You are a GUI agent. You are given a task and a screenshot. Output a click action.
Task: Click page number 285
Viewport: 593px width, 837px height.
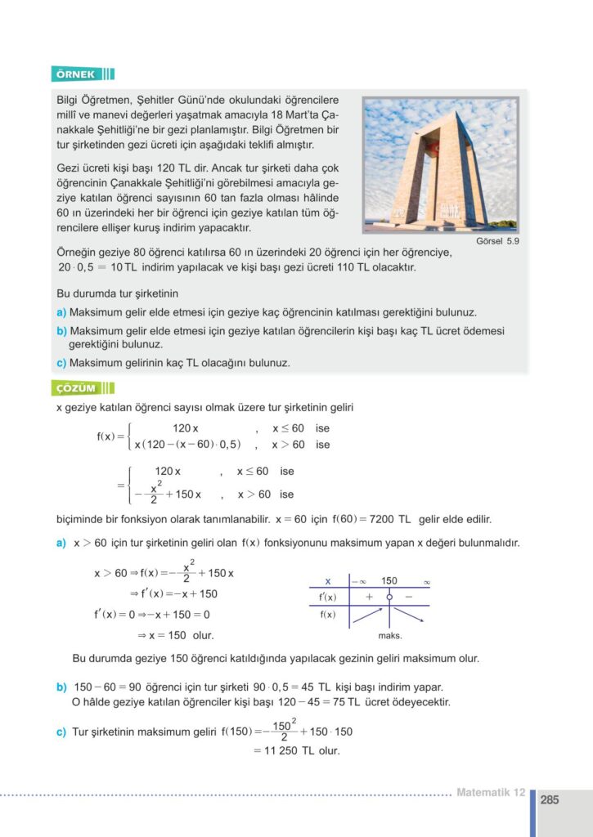click(x=550, y=800)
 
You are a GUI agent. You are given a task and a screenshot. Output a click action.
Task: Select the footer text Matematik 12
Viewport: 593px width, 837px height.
click(x=490, y=792)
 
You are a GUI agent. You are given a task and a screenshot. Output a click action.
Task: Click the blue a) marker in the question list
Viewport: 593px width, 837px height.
click(x=61, y=312)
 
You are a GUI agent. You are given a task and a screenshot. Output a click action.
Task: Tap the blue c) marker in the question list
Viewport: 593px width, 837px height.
click(x=61, y=362)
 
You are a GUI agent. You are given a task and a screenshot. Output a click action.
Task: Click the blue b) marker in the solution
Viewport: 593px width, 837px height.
click(x=61, y=687)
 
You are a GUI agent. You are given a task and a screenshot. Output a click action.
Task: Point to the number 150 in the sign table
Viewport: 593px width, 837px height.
click(x=389, y=581)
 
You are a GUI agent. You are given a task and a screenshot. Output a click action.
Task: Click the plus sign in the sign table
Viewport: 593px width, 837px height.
click(x=370, y=597)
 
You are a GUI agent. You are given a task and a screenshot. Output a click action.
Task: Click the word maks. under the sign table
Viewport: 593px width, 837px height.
click(x=389, y=635)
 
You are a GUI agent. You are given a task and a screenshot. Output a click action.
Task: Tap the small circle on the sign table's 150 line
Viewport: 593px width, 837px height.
click(x=389, y=597)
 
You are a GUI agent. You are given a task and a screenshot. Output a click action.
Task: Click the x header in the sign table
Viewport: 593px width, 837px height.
click(x=327, y=581)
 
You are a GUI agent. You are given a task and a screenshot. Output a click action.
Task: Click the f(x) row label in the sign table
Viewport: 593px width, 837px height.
click(x=327, y=615)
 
